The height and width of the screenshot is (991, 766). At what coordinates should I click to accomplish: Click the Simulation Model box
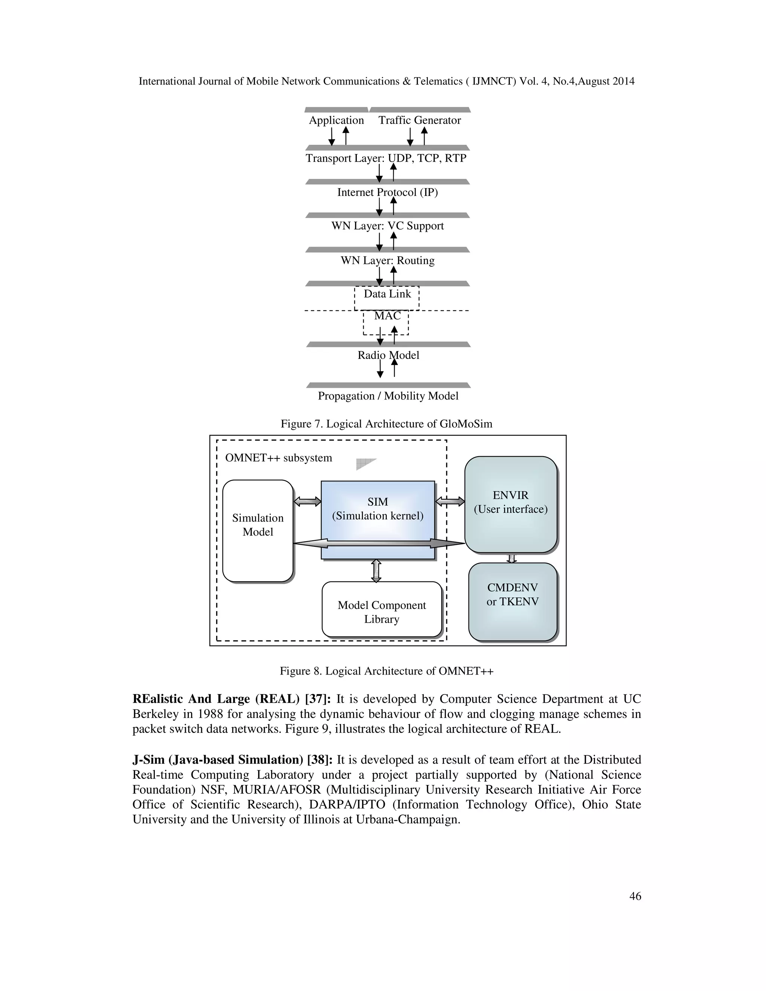pyautogui.click(x=257, y=531)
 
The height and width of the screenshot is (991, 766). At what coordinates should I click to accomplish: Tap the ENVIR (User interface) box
pyautogui.click(x=511, y=504)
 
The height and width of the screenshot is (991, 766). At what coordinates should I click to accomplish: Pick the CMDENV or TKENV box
pyautogui.click(x=512, y=601)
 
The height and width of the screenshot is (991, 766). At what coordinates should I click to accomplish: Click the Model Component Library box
pyautogui.click(x=382, y=610)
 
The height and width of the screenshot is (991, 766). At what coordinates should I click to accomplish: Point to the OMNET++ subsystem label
pyautogui.click(x=278, y=458)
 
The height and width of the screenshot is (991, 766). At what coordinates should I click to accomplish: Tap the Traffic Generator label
pyautogui.click(x=419, y=120)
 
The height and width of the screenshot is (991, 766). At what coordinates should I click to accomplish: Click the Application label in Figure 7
pyautogui.click(x=336, y=120)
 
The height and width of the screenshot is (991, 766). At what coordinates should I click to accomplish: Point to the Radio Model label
pyautogui.click(x=388, y=355)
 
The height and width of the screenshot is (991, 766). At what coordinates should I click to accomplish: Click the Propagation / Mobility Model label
pyautogui.click(x=388, y=396)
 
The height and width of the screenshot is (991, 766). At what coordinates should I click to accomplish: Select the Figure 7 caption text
pyautogui.click(x=386, y=424)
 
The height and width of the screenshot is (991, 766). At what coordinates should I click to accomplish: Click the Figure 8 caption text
pyautogui.click(x=386, y=671)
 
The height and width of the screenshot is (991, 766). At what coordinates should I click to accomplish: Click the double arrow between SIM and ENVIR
pyautogui.click(x=450, y=501)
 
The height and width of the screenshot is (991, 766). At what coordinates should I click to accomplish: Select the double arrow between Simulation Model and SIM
pyautogui.click(x=307, y=501)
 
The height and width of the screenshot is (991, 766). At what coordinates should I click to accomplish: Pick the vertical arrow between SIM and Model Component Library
pyautogui.click(x=376, y=570)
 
